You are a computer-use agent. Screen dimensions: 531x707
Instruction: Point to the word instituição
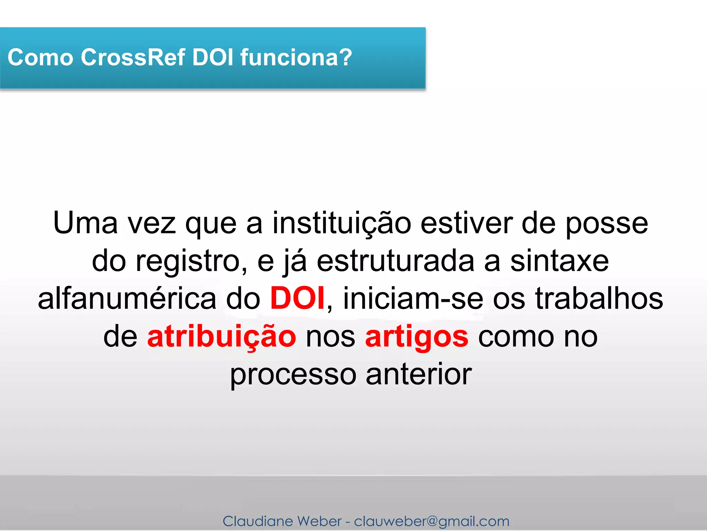[342, 223]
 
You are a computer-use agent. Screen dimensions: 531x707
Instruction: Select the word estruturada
[395, 261]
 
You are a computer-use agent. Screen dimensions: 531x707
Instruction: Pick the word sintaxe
[559, 261]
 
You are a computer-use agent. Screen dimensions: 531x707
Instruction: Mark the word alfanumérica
[127, 299]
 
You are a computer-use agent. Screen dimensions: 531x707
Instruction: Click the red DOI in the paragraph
[297, 298]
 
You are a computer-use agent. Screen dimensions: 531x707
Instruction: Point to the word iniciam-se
[413, 299]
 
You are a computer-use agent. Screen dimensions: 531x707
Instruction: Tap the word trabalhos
[599, 299]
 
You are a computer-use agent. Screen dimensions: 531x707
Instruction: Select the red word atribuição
[222, 337]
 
